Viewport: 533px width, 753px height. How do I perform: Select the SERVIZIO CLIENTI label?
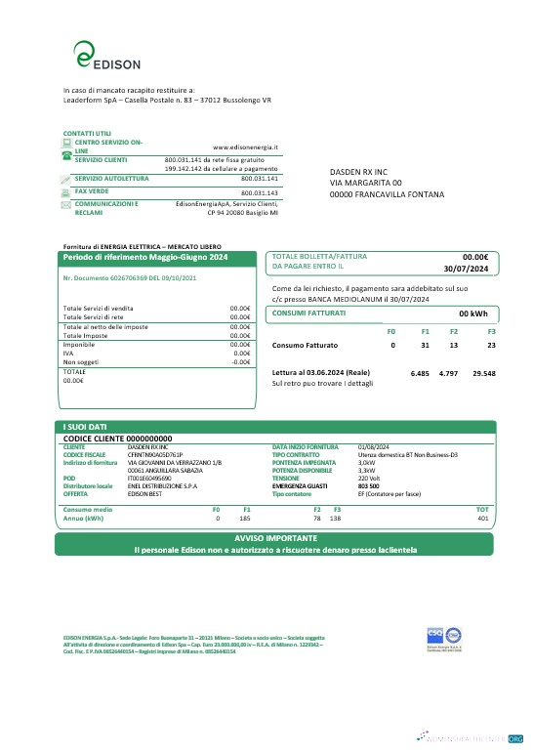point(101,158)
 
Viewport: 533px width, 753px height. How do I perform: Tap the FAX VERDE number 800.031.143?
point(260,193)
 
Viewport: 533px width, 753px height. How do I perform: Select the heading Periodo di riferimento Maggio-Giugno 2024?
point(145,257)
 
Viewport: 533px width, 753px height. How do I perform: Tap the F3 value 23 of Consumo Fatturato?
point(492,346)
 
